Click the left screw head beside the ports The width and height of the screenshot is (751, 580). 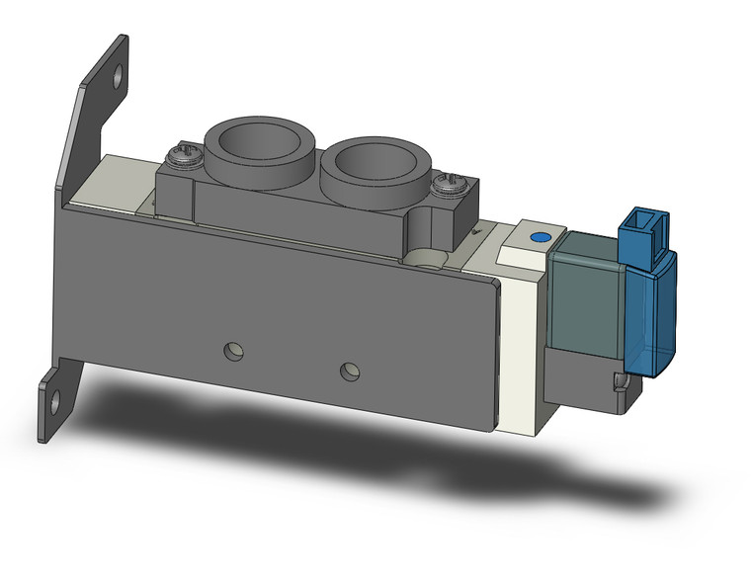(x=182, y=153)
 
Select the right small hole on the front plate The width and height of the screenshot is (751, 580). (x=348, y=371)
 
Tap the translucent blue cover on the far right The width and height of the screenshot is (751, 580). (x=653, y=316)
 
